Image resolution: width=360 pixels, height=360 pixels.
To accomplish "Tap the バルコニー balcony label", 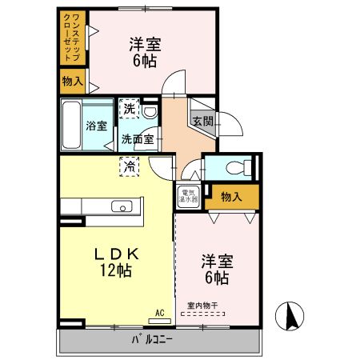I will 152,342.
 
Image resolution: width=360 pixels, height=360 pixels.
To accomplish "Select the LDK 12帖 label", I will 118,261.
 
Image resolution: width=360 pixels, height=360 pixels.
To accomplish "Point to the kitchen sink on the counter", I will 122,207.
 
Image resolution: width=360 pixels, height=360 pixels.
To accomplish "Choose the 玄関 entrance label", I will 202,121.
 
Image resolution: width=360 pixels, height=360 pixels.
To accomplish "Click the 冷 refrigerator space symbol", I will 128,166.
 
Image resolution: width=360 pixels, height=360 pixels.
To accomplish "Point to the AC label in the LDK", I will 159,311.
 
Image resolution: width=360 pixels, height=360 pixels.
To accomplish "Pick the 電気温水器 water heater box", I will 187,196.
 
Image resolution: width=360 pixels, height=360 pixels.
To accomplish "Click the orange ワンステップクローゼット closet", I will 74,38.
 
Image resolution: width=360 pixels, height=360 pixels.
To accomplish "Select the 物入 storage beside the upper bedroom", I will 73,82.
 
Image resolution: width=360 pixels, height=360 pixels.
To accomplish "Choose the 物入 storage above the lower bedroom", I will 232,197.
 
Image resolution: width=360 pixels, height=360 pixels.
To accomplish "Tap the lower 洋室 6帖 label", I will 215,270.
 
